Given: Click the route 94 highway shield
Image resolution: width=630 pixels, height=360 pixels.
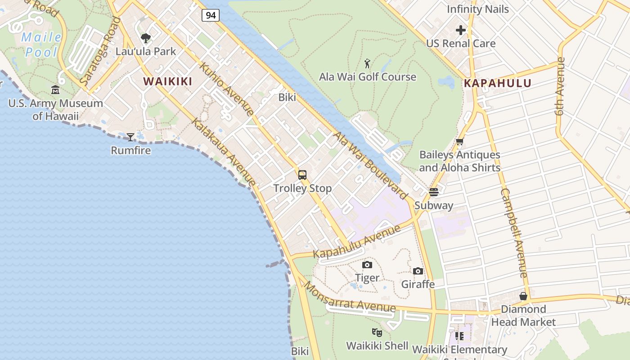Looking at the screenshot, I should point(210,15).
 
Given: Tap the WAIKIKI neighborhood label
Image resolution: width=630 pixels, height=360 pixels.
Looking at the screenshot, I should point(167,81).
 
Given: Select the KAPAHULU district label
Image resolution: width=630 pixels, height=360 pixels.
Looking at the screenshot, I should point(497,83).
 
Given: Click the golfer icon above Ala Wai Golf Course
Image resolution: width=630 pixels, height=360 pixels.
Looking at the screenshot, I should point(367,63).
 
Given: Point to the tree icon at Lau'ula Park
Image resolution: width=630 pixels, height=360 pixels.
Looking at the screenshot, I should point(146,38).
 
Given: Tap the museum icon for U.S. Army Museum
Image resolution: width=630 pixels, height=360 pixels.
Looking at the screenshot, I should point(55,90).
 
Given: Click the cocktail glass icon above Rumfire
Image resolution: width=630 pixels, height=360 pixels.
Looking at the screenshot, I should point(130,137).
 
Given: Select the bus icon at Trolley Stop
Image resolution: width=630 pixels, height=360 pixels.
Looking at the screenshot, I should point(302,175).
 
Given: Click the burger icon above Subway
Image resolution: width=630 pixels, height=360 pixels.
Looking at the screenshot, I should point(434,192).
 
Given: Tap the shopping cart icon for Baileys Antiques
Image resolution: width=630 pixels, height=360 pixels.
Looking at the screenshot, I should point(459,142).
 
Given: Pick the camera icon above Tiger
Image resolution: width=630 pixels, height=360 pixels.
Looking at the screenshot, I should point(367,265).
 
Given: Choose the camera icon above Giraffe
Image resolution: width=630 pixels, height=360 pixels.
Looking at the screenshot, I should point(418,271).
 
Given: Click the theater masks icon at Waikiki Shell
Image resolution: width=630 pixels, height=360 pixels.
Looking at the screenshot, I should point(377,333).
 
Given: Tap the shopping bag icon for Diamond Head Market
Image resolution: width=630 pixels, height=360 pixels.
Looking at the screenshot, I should point(523,296).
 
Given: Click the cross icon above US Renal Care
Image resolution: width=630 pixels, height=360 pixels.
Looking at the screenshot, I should point(461,30).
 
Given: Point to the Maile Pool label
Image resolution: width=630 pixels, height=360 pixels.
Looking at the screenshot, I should point(41,45).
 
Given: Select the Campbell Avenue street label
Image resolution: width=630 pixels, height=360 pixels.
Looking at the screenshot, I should point(514,233).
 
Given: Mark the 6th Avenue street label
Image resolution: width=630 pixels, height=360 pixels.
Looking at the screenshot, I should point(560,86).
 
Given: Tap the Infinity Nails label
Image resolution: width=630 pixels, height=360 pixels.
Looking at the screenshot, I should point(477,9).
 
